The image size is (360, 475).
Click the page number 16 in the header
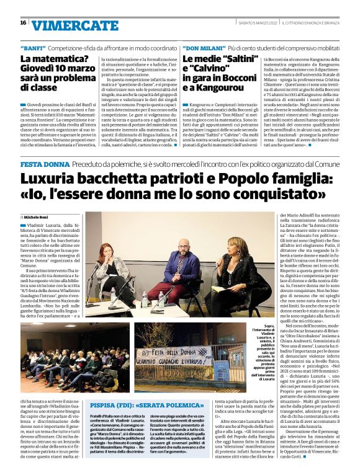point(23,23)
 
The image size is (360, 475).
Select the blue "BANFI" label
point(32,47)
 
